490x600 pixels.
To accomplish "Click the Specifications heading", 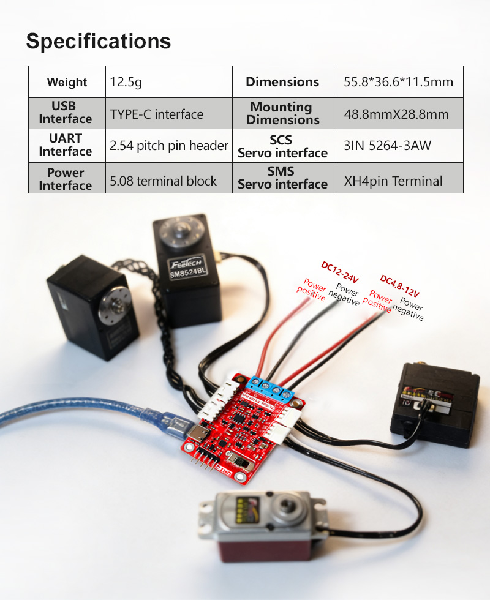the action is [99, 42].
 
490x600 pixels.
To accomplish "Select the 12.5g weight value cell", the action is [169, 82].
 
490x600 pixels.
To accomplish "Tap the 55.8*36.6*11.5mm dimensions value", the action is [399, 82].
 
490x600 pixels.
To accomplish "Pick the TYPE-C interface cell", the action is [169, 114].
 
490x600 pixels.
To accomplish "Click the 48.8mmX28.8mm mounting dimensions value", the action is [399, 114].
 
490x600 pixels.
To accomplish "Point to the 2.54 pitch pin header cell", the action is [169, 146].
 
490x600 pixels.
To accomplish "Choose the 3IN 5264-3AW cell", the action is [399, 146].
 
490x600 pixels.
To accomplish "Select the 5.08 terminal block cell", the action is [169, 178].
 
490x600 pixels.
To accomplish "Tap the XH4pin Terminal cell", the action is [399, 178].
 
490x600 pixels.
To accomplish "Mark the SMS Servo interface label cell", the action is [283, 178].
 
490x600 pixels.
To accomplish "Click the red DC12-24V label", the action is [340, 272].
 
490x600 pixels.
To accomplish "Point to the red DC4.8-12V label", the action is [400, 286].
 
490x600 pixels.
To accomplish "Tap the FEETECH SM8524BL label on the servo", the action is [188, 267].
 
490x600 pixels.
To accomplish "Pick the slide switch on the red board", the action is [240, 462].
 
